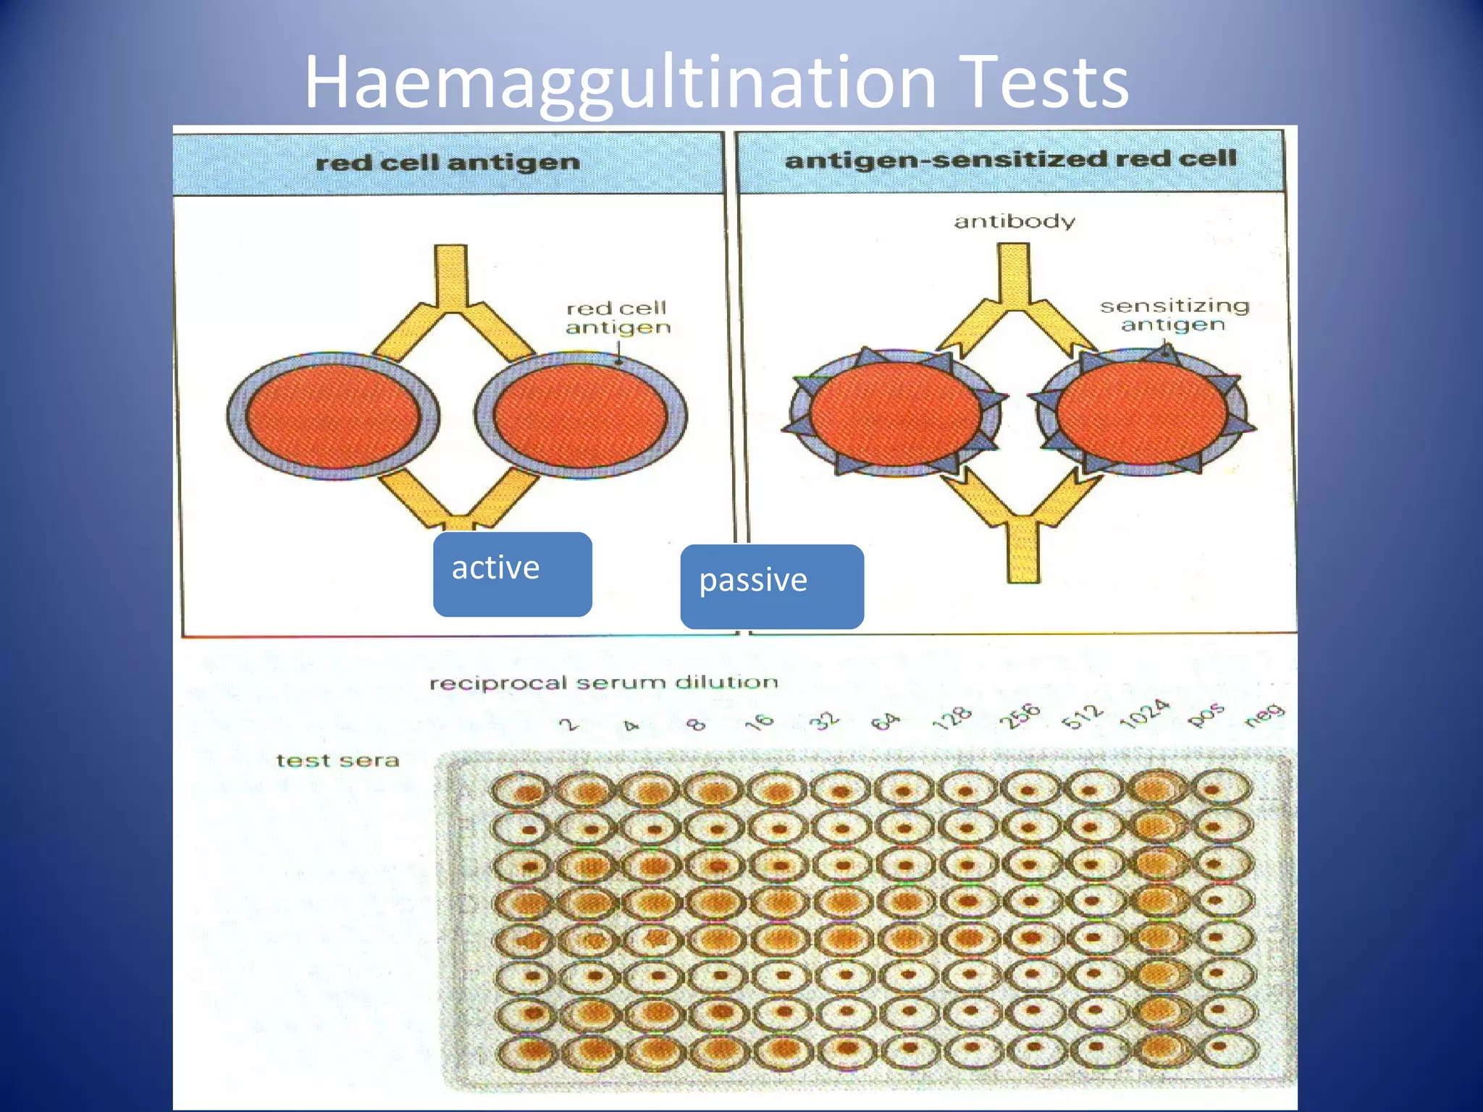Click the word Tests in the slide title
point(1046,83)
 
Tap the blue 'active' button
point(512,574)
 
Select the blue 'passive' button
point(771,586)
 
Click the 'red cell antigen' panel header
point(448,162)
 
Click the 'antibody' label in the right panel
point(1014,221)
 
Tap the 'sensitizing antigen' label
point(1174,315)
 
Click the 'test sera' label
point(337,760)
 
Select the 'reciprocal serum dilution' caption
point(603,683)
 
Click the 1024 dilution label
point(1143,714)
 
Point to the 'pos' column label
point(1206,715)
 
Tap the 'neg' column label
point(1264,715)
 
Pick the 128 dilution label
point(951,718)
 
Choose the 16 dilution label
point(759,722)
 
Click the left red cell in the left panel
point(332,416)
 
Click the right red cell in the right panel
point(1143,413)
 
